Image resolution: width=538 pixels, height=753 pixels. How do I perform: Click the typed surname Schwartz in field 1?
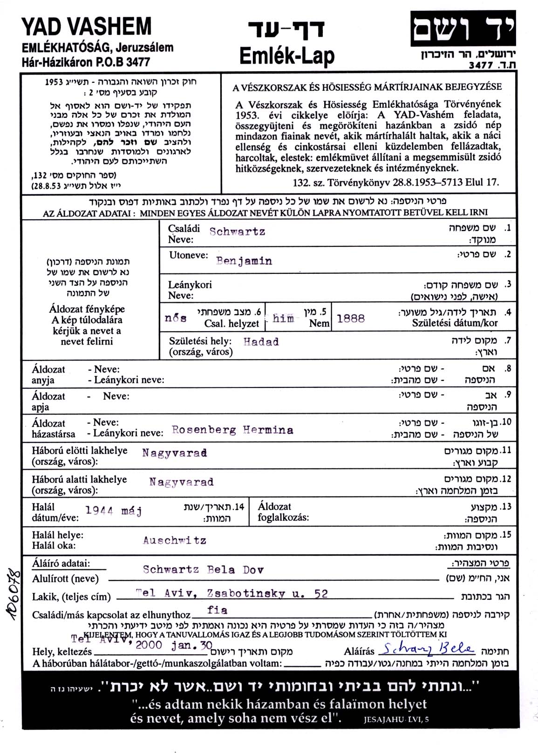tap(237, 231)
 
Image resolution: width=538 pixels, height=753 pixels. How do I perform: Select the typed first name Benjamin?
tap(244, 261)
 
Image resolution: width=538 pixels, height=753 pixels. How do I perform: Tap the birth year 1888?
tap(350, 319)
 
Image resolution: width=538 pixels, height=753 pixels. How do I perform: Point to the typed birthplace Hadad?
tap(261, 342)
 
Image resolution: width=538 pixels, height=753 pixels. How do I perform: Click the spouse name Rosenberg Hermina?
tap(232, 430)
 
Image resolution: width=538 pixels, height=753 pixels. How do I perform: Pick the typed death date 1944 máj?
tap(114, 511)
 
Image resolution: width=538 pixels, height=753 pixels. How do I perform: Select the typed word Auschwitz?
tap(175, 540)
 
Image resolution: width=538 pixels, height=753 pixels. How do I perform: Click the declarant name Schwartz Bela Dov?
tap(203, 570)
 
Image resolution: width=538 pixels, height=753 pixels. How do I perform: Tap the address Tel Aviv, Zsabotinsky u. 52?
tap(232, 593)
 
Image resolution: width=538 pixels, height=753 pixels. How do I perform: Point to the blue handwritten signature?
tap(427, 648)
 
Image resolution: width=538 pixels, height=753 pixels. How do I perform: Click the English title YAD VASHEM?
tap(87, 27)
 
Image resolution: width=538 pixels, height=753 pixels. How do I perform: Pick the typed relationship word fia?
tap(217, 610)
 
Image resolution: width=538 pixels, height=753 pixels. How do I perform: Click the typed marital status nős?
tap(176, 318)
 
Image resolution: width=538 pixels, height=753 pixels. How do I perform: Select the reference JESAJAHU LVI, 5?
tap(396, 719)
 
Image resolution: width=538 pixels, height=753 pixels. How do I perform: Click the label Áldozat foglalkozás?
tap(283, 512)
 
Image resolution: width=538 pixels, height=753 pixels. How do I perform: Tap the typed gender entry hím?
tap(283, 319)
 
